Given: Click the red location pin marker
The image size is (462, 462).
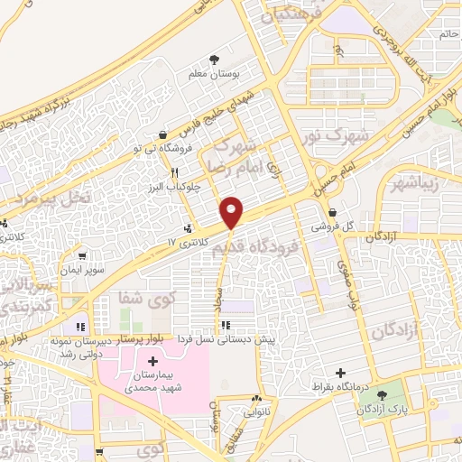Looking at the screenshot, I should pyautogui.click(x=232, y=210).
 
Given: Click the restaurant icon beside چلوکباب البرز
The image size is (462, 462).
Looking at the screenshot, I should pyautogui.click(x=174, y=171).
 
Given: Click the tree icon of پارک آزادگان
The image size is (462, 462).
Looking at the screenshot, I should pyautogui.click(x=391, y=395).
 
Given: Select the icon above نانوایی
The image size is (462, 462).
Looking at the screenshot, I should pyautogui.click(x=257, y=398).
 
